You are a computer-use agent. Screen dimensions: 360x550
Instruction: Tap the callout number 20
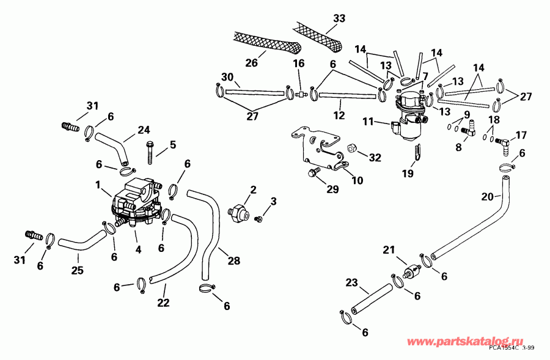[488, 196]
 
